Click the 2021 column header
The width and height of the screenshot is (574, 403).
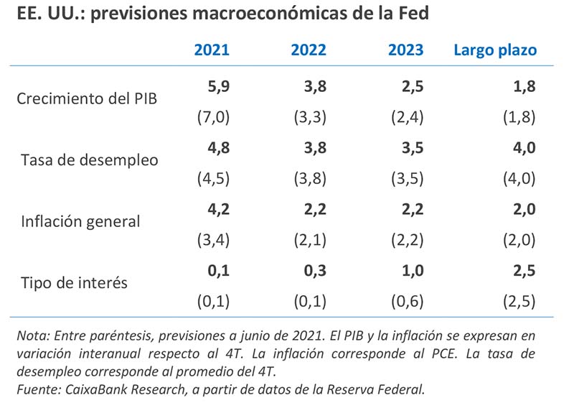point(212,50)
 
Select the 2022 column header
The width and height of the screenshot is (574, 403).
point(309,50)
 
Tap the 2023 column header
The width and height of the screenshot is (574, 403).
point(405,50)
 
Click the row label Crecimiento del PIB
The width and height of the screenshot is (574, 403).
point(87,98)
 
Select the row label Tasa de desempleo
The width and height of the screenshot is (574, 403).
point(90,159)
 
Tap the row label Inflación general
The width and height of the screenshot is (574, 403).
point(81,221)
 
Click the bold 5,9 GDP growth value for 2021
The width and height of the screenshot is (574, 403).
point(217,87)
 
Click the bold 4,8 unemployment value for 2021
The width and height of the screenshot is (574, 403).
point(217,148)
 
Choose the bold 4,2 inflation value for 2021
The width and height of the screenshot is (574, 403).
point(217,209)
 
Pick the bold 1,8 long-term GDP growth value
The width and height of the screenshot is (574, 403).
point(523,87)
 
